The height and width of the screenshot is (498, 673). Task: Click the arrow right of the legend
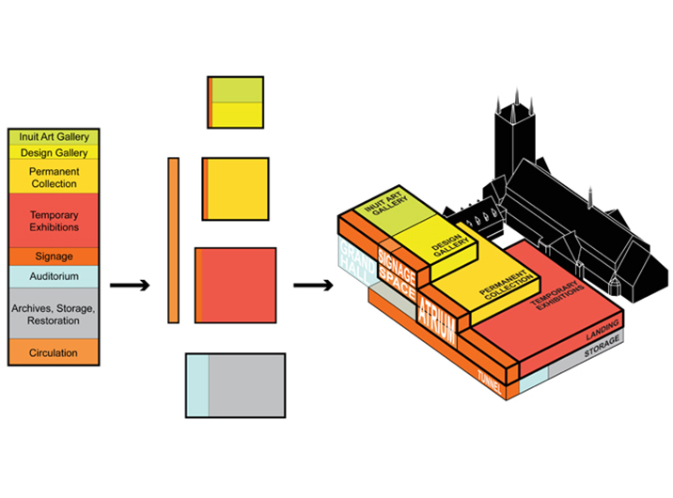tap(128, 285)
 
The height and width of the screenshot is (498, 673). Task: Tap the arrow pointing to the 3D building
tap(311, 285)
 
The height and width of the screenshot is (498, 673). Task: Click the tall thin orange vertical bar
tap(173, 241)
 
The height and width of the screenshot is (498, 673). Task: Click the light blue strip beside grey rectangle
tap(196, 384)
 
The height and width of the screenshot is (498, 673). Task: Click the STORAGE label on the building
tap(600, 352)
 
